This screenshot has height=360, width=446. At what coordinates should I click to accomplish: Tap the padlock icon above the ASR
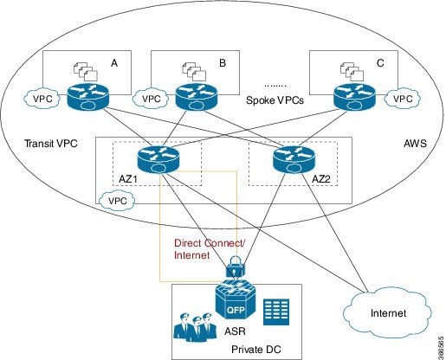pos(233,269)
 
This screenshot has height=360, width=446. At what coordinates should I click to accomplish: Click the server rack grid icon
pos(277,309)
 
